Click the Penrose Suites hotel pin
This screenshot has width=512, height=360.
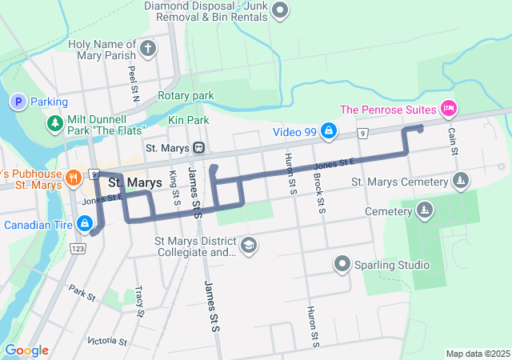[449, 108]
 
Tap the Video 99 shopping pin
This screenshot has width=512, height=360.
[328, 130]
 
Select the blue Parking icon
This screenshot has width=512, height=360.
[17, 102]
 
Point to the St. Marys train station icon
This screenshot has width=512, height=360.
[197, 148]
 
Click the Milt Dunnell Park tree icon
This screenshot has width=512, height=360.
[55, 123]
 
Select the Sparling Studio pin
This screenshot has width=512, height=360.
[343, 265]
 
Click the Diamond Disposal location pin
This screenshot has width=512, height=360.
[280, 10]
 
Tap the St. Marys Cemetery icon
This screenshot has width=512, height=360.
[460, 182]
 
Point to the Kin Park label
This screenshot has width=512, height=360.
[189, 120]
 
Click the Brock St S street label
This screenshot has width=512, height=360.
[319, 193]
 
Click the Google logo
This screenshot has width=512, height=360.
[26, 350]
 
